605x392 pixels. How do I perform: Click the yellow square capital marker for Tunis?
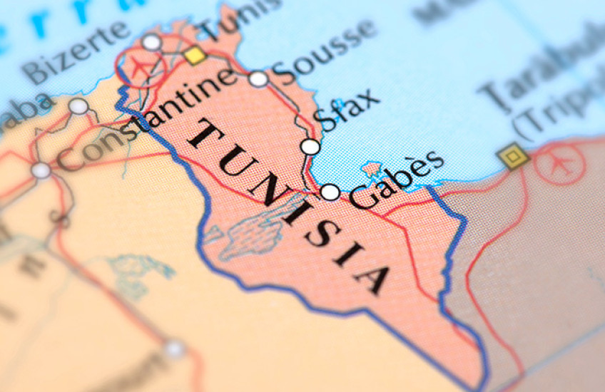pyautogui.click(x=193, y=55)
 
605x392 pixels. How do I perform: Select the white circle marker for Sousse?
pyautogui.click(x=258, y=79)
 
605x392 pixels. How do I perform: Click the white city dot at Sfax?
pyautogui.click(x=310, y=147)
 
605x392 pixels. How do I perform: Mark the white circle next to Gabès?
pyautogui.click(x=330, y=192)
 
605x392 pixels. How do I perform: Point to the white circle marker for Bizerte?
pyautogui.click(x=151, y=43)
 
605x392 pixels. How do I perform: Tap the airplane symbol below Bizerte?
pyautogui.click(x=141, y=65)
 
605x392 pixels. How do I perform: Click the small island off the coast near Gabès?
pyautogui.click(x=372, y=170)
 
